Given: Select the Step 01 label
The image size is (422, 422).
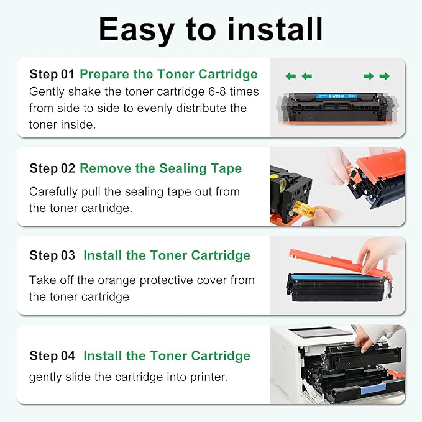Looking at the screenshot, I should [x=52, y=75].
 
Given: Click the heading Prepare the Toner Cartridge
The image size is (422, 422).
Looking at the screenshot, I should [x=168, y=75].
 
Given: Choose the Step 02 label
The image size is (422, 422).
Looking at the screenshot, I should [x=52, y=168].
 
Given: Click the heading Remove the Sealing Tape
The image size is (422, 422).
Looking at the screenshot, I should [x=161, y=168].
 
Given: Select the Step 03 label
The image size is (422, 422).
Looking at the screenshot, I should [x=52, y=255].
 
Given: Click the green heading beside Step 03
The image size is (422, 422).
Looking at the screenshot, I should [x=167, y=255].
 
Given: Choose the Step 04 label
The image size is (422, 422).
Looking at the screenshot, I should [x=52, y=356].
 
